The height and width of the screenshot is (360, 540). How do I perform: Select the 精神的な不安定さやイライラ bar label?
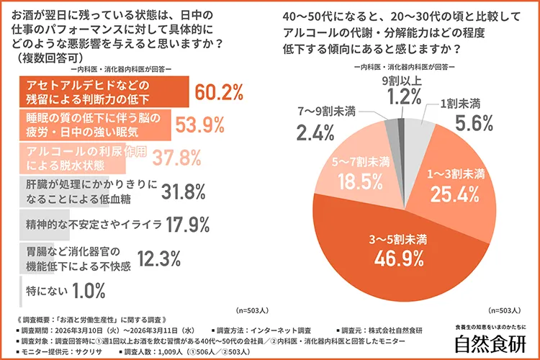(x=93, y=224)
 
